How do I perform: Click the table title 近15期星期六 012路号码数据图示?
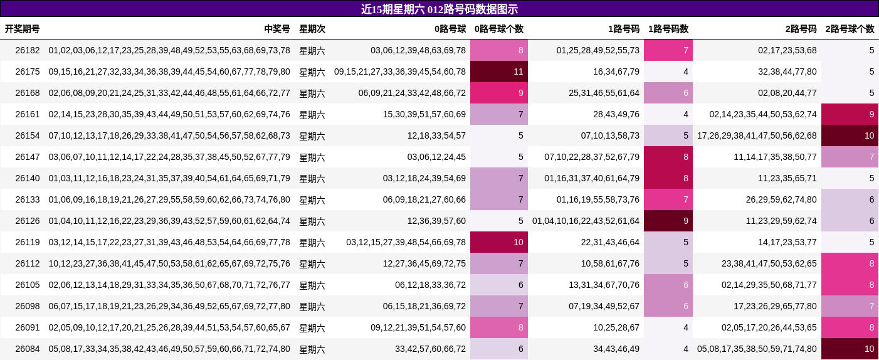click(439, 9)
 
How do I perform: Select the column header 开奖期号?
click(23, 29)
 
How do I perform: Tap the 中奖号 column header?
click(277, 29)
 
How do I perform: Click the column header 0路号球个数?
click(499, 29)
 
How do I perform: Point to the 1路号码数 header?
click(668, 29)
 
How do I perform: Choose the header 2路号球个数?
click(850, 29)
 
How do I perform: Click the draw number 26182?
click(28, 50)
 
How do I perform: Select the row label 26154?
click(28, 135)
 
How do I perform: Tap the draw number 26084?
click(28, 349)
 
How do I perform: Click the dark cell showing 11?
click(499, 71)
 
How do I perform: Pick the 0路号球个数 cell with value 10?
click(499, 242)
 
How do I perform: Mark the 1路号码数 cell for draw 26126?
click(668, 221)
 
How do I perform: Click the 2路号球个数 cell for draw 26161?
click(850, 114)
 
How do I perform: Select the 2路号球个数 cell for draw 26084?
click(850, 349)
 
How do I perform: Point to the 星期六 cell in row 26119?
click(312, 242)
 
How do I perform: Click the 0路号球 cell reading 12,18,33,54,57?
click(436, 135)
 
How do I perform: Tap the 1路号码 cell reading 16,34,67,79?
click(616, 71)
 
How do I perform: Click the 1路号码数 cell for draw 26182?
click(668, 50)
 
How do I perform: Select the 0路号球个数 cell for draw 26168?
click(499, 93)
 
